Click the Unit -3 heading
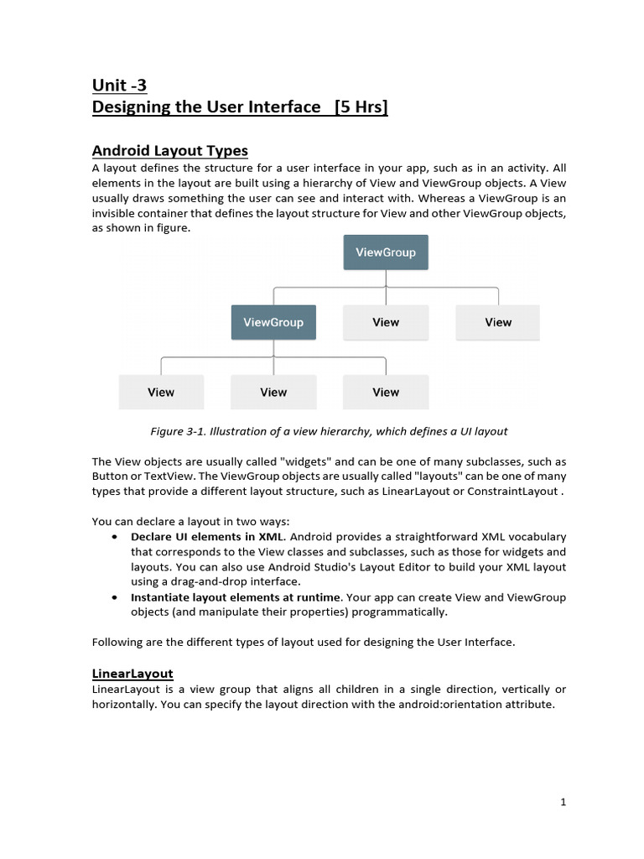[119, 85]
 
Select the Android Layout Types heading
[169, 151]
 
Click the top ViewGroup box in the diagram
[386, 252]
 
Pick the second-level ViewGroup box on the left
[273, 322]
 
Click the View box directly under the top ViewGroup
[386, 322]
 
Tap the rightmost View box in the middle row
[498, 322]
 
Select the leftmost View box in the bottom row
[161, 392]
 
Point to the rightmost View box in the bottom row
[386, 392]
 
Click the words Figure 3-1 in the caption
[178, 431]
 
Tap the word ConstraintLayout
[516, 491]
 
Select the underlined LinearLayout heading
[132, 674]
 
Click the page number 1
[563, 803]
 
